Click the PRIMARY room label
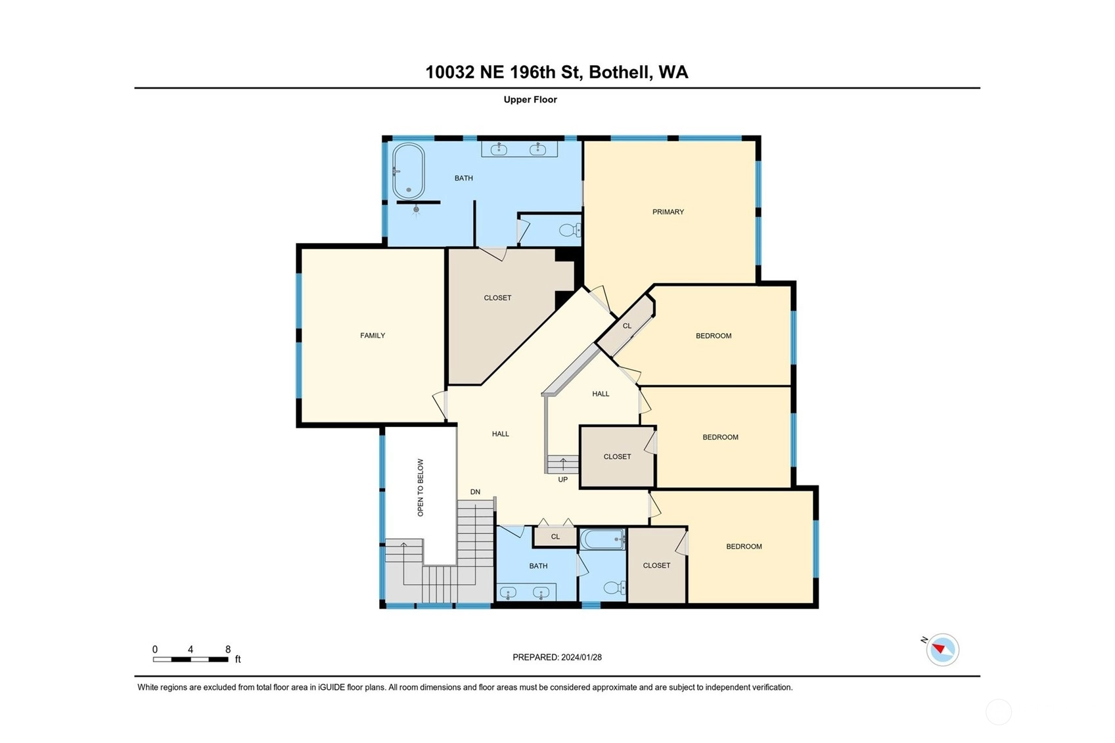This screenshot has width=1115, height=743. [x=668, y=212]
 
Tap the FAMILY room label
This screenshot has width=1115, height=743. [x=373, y=336]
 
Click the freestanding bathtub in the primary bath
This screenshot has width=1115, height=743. [x=408, y=171]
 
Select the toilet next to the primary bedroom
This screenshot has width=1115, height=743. [x=570, y=230]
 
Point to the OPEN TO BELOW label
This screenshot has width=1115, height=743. [x=421, y=487]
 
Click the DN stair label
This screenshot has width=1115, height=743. [x=475, y=491]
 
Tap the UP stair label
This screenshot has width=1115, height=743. [x=562, y=480]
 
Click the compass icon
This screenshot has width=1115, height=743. [x=942, y=650]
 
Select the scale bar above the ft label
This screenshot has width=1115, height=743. [x=190, y=660]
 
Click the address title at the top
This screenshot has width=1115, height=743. [x=557, y=72]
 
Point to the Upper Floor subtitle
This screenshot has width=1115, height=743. [x=530, y=100]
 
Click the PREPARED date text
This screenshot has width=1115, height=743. [x=557, y=658]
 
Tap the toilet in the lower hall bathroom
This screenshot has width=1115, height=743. [x=615, y=588]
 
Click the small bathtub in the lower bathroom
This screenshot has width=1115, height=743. [x=603, y=539]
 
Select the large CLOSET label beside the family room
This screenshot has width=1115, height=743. [x=498, y=298]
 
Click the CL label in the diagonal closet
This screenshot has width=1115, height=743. [x=627, y=326]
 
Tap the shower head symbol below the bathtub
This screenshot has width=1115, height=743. [x=416, y=210]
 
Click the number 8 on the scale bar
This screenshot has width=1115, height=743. [x=228, y=650]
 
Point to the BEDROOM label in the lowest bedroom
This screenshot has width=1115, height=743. [x=744, y=547]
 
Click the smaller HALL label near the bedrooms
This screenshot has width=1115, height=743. [x=601, y=394]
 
